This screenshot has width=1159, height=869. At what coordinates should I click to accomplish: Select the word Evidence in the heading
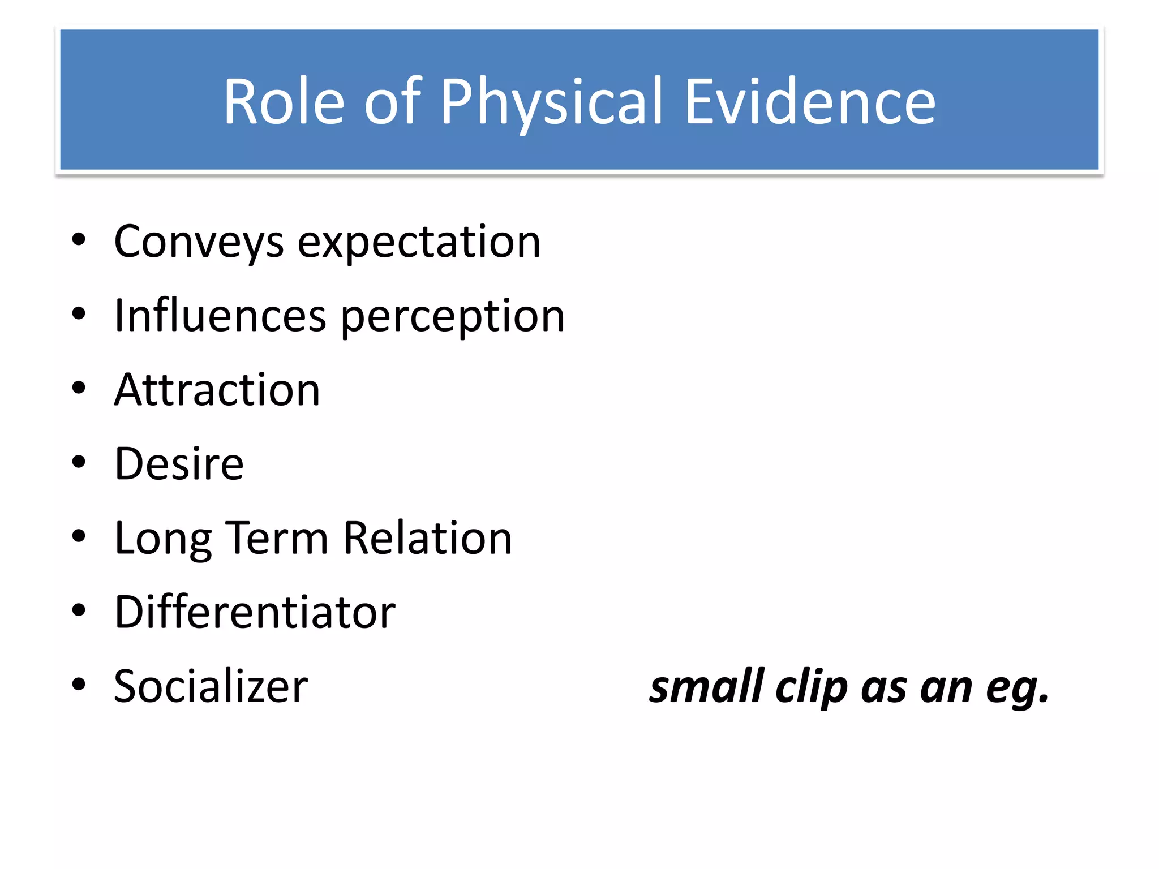pos(809,102)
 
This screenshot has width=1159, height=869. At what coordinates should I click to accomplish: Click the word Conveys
pos(199,242)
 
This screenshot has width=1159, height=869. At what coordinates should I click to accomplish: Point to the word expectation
pos(419,242)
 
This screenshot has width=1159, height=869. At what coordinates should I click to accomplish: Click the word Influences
pos(220,316)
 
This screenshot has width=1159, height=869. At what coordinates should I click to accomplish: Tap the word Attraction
pos(217,390)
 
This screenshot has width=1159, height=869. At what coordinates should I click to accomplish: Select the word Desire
pos(179,464)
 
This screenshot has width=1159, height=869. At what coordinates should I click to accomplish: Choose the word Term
pos(277,538)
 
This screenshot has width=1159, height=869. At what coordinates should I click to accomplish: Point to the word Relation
pos(428,538)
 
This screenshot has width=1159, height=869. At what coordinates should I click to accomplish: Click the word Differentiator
pos(255,612)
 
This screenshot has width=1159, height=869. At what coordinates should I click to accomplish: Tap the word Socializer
pos(211,686)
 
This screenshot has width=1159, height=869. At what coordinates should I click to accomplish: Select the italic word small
pos(707,686)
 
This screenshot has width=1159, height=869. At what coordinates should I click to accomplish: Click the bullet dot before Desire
pos(79,462)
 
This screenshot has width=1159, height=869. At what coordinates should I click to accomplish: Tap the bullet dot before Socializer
pos(79,685)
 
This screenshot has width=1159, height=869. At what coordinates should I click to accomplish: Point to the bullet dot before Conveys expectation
pos(79,240)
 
